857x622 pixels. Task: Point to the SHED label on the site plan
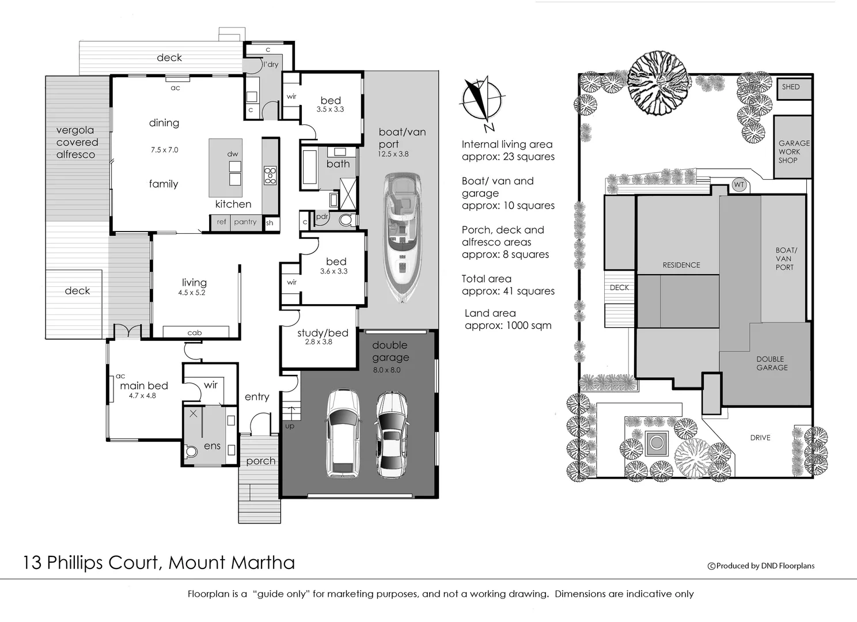pos(790,87)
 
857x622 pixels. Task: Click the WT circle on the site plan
pos(739,185)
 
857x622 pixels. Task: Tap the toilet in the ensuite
pos(192,452)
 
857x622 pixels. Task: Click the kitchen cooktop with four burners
pos(270,175)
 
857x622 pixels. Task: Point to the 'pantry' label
pos(245,222)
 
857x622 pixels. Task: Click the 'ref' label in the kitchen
pos(222,222)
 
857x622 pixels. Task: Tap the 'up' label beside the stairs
pos(290,426)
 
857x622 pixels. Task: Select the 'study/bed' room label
pos(323,333)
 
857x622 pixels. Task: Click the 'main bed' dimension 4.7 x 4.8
pos(142,396)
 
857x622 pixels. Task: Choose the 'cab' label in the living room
pos(195,332)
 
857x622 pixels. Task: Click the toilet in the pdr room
pos(346,219)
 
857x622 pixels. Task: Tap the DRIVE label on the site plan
pos(760,438)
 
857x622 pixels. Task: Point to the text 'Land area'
pos(490,313)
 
